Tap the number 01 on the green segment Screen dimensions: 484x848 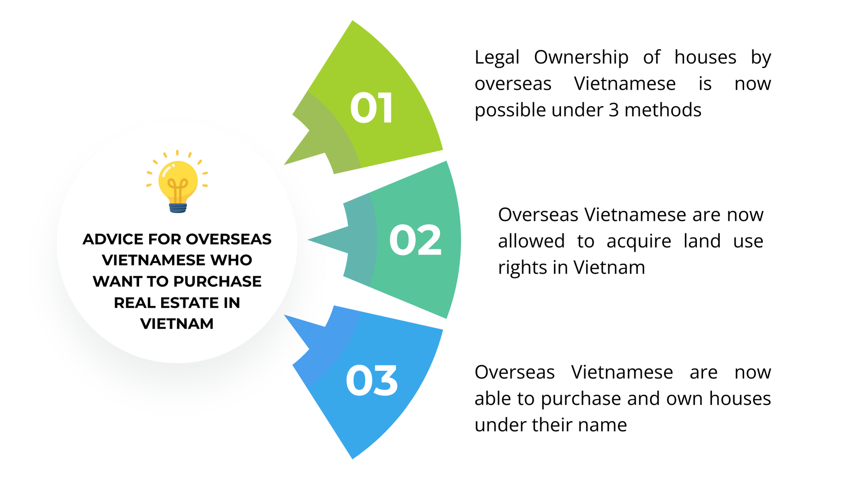tap(371, 108)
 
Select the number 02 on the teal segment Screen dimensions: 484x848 tap(415, 241)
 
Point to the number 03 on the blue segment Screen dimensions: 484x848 tap(371, 381)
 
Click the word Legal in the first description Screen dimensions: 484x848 tap(497, 57)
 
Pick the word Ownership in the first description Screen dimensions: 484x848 tap(581, 57)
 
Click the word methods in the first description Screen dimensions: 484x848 tap(663, 110)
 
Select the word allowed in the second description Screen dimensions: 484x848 tap(531, 241)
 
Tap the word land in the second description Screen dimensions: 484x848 tap(702, 241)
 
